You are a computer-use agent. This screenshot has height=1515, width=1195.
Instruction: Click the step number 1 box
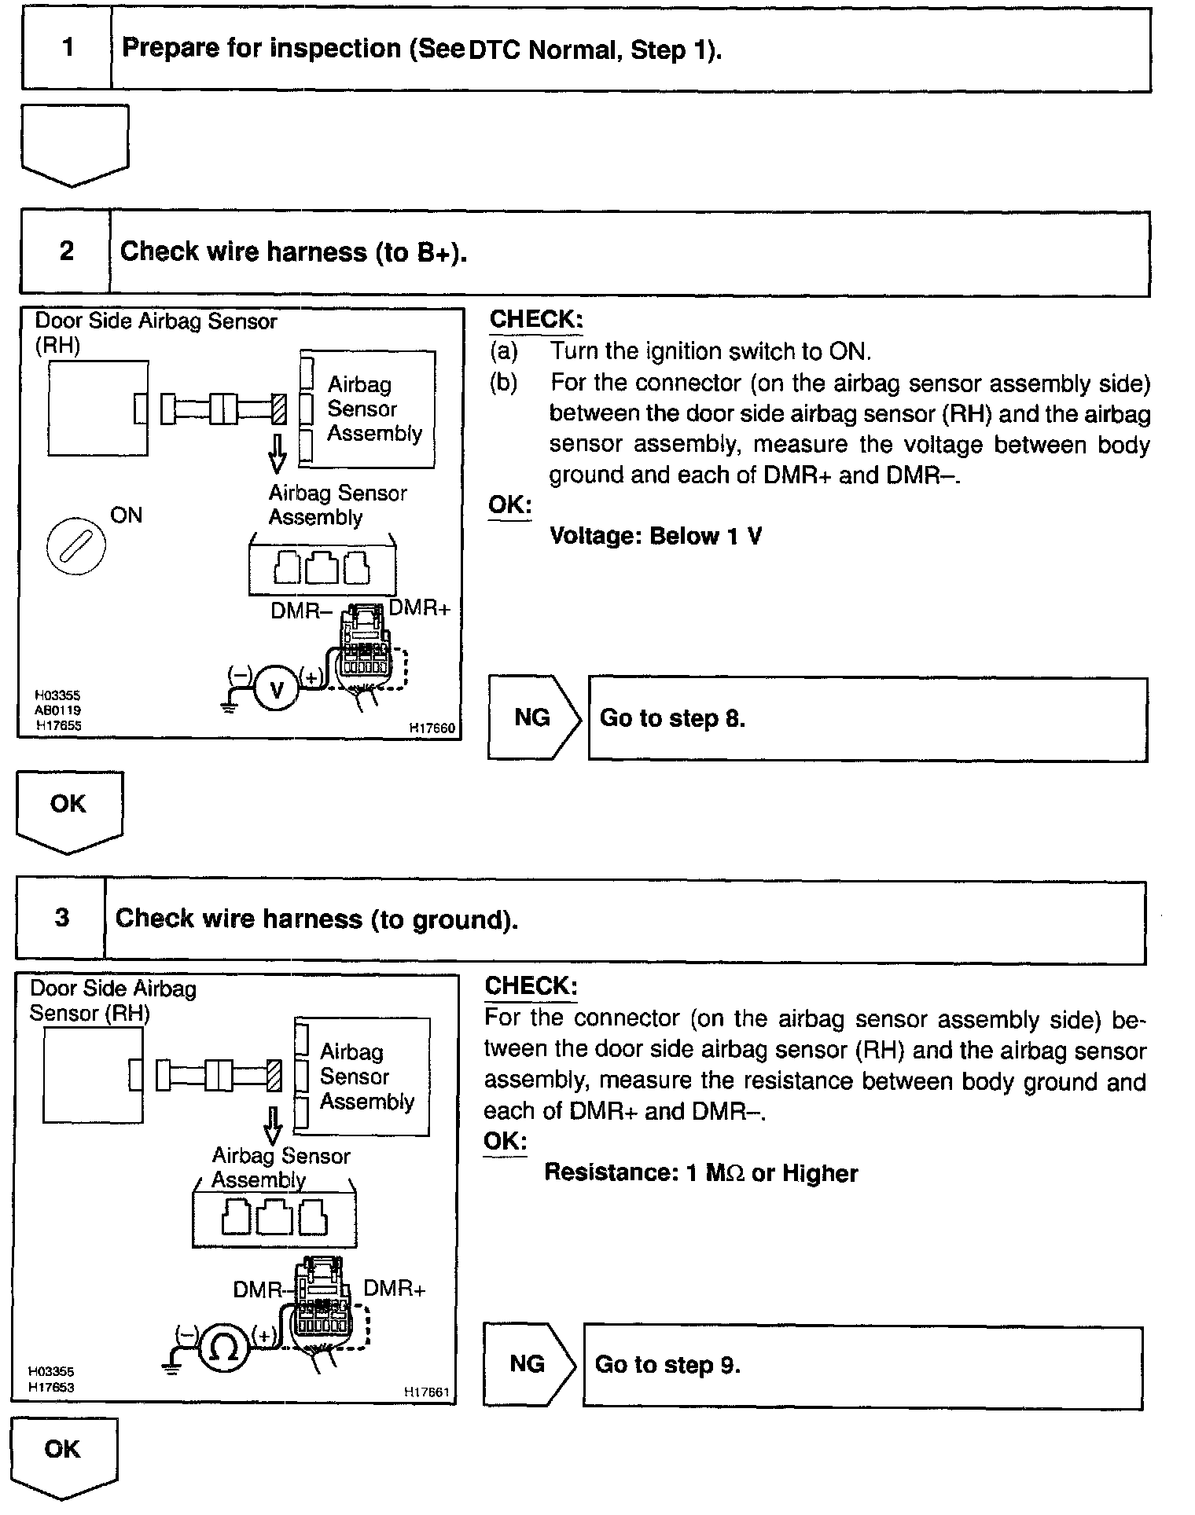[x=67, y=48]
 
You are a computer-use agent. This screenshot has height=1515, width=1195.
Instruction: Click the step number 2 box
[x=66, y=251]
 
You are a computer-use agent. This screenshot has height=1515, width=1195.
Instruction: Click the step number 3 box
[x=61, y=918]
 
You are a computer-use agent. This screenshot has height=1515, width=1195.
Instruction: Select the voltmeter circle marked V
[x=275, y=689]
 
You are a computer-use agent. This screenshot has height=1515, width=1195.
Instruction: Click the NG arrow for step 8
[x=533, y=717]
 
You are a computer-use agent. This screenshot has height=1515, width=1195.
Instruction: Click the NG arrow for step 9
[x=528, y=1363]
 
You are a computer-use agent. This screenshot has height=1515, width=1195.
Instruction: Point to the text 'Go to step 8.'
[x=672, y=718]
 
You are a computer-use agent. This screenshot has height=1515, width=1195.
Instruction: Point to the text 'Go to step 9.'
[x=667, y=1364]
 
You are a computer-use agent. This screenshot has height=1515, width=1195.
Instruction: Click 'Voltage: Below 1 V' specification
[x=656, y=536]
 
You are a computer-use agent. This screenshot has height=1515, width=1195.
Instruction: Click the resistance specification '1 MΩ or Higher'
[x=700, y=1173]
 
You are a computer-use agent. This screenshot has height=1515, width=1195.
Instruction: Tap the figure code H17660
[x=431, y=728]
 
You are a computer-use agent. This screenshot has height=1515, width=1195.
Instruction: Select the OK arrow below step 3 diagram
[x=64, y=1454]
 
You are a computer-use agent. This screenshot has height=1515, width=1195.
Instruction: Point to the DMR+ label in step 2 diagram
[x=419, y=607]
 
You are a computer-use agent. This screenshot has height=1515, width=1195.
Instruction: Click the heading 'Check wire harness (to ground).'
[x=316, y=919]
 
